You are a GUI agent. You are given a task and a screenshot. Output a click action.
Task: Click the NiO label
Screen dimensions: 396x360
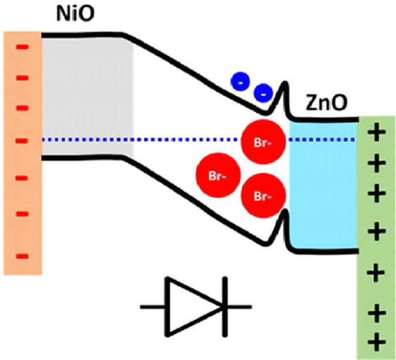(75, 13)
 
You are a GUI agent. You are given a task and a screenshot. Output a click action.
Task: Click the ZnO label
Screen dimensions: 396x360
(327, 102)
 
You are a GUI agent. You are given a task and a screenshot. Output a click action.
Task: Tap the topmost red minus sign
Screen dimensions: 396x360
(23, 47)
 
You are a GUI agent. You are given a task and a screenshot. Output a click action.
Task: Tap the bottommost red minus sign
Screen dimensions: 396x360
(23, 256)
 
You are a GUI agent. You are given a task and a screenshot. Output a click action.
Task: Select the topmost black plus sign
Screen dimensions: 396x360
(377, 132)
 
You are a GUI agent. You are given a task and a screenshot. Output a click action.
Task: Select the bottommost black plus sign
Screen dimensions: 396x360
(377, 342)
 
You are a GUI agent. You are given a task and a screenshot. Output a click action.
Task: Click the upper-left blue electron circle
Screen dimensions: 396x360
(240, 81)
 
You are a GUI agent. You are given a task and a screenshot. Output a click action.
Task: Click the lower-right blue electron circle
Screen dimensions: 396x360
(263, 93)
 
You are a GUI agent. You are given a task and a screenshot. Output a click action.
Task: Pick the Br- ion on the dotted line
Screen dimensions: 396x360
(263, 142)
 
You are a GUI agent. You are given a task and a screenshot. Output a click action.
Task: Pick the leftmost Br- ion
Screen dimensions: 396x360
(218, 175)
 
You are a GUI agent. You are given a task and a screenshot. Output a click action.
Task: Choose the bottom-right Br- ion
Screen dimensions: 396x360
(263, 195)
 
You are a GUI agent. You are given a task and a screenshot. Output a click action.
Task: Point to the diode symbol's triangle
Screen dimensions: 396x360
(194, 307)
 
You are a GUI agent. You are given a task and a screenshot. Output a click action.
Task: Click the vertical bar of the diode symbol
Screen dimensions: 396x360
(225, 307)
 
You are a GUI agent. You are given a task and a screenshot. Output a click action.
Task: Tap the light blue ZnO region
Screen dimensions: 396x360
(324, 186)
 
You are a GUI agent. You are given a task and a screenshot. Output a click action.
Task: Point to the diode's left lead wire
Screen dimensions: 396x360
(153, 307)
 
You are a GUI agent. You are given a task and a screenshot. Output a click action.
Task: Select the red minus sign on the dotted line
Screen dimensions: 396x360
(23, 141)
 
